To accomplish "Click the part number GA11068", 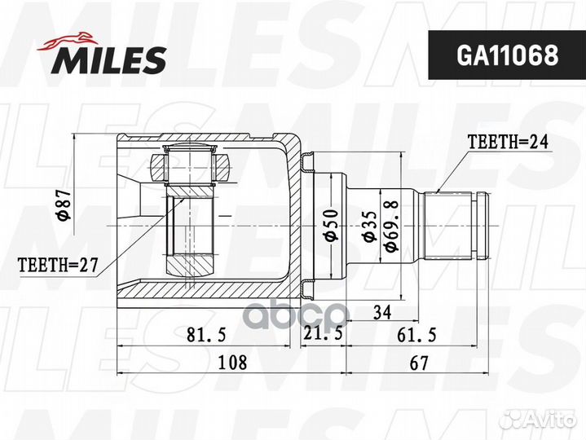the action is [x=507, y=55].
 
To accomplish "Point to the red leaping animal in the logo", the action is [x=68, y=41].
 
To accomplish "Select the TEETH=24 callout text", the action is [x=508, y=142].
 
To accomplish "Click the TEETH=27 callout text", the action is [x=58, y=265].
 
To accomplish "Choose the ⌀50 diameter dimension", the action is [x=331, y=225].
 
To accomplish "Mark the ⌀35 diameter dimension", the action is [x=368, y=227].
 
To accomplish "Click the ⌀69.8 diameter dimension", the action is [x=392, y=226].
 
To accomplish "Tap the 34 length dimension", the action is [x=381, y=312].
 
